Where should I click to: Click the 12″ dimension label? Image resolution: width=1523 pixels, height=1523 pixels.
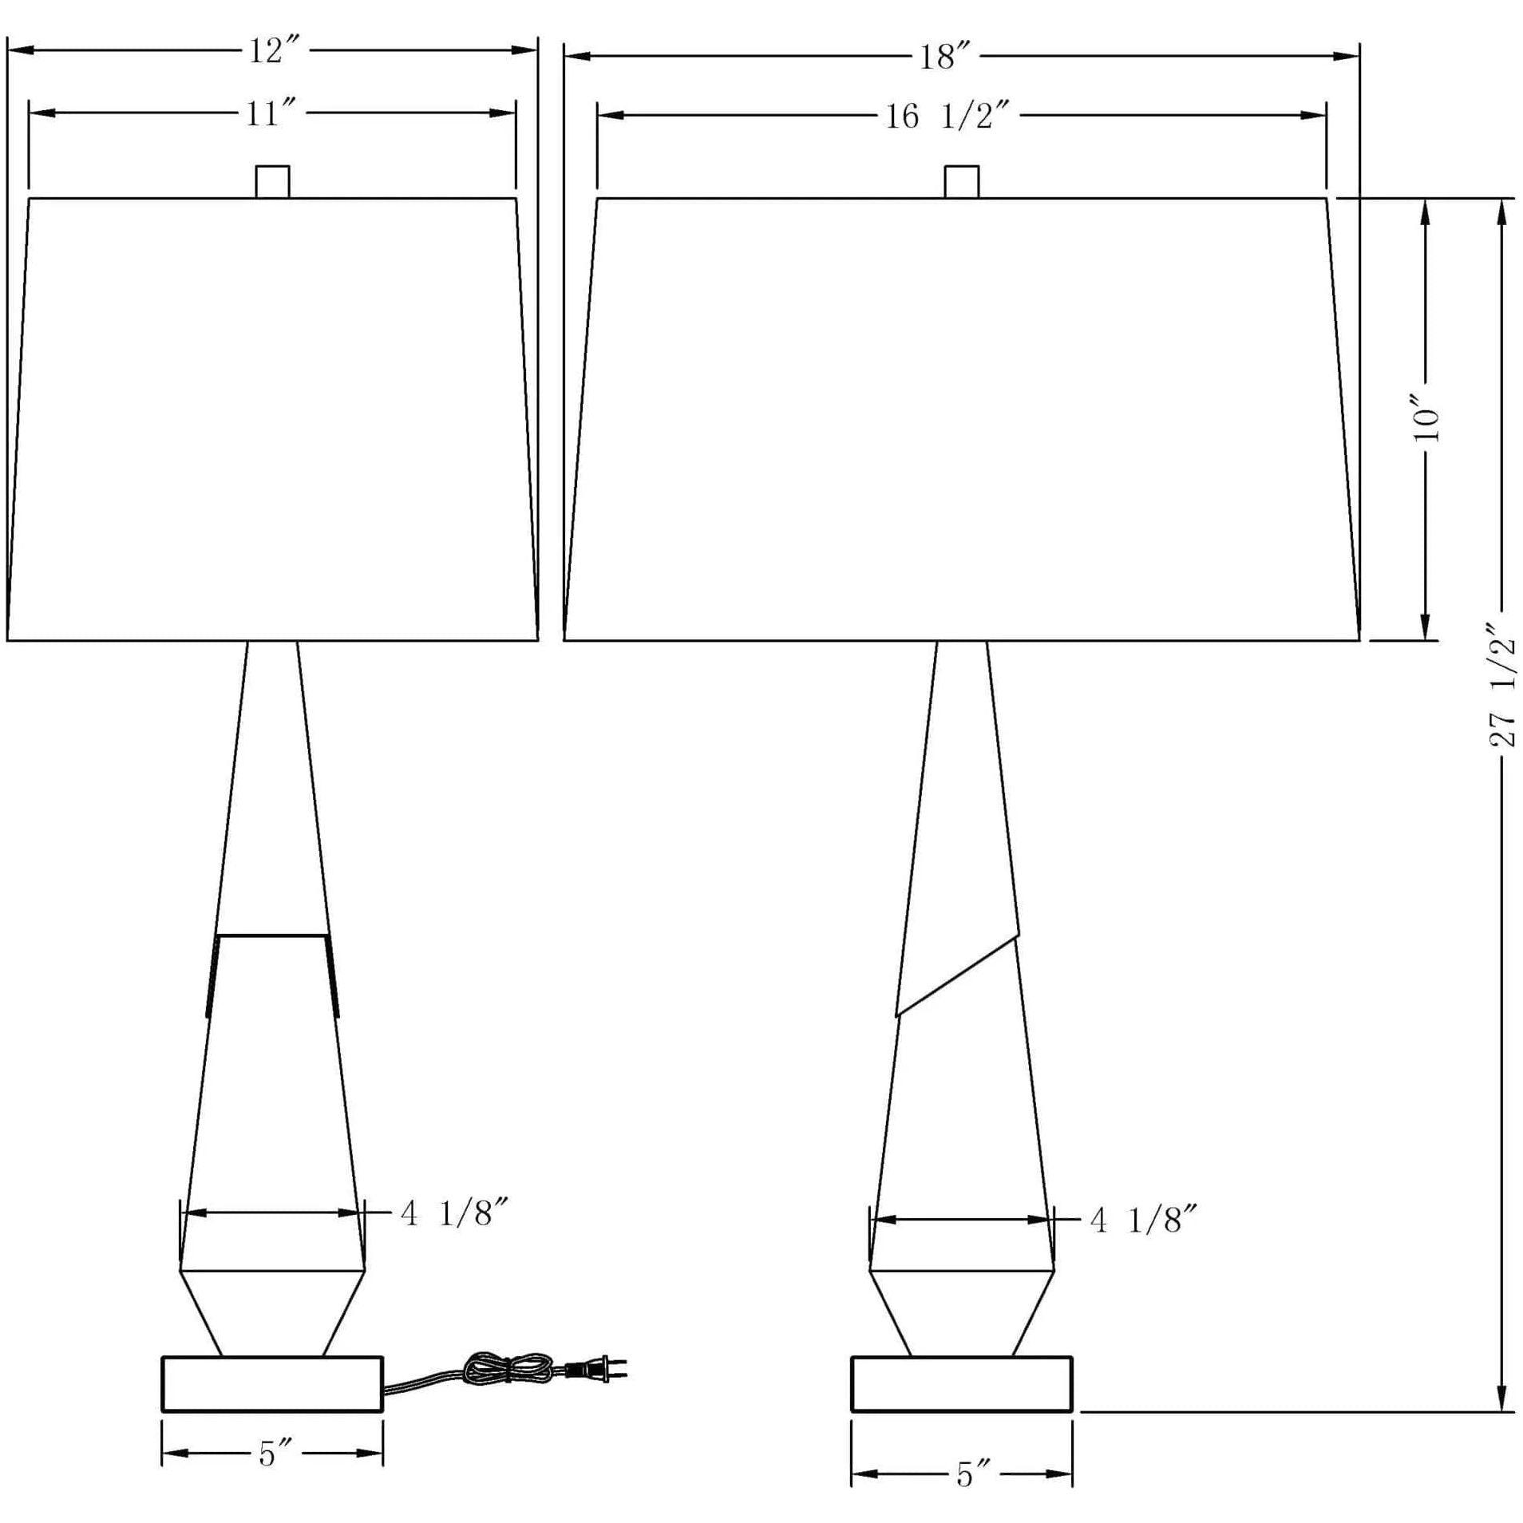pyautogui.click(x=273, y=52)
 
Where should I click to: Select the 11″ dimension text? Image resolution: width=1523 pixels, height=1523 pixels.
pyautogui.click(x=273, y=114)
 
